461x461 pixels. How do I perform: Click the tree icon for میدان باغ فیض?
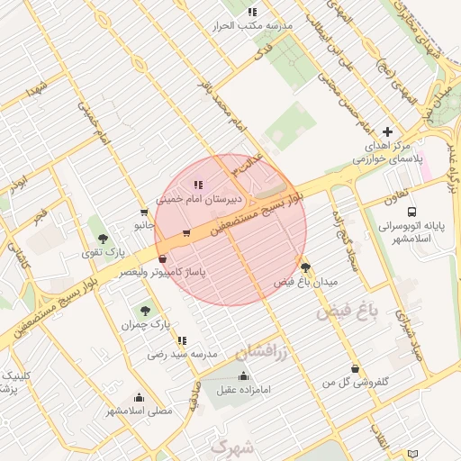coord(305,267)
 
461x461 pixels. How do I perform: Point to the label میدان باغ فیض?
coord(305,282)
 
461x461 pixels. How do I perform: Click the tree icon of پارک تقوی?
coord(104,239)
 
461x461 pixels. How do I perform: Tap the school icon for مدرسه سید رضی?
coord(183,341)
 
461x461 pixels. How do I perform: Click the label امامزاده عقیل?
coord(244,390)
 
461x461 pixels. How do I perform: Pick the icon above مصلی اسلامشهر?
coord(139,397)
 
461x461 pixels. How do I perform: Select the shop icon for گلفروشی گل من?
coord(356,368)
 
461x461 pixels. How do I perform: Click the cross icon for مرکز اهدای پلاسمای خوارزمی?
coord(388,131)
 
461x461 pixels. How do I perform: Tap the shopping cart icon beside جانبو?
coord(144,212)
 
